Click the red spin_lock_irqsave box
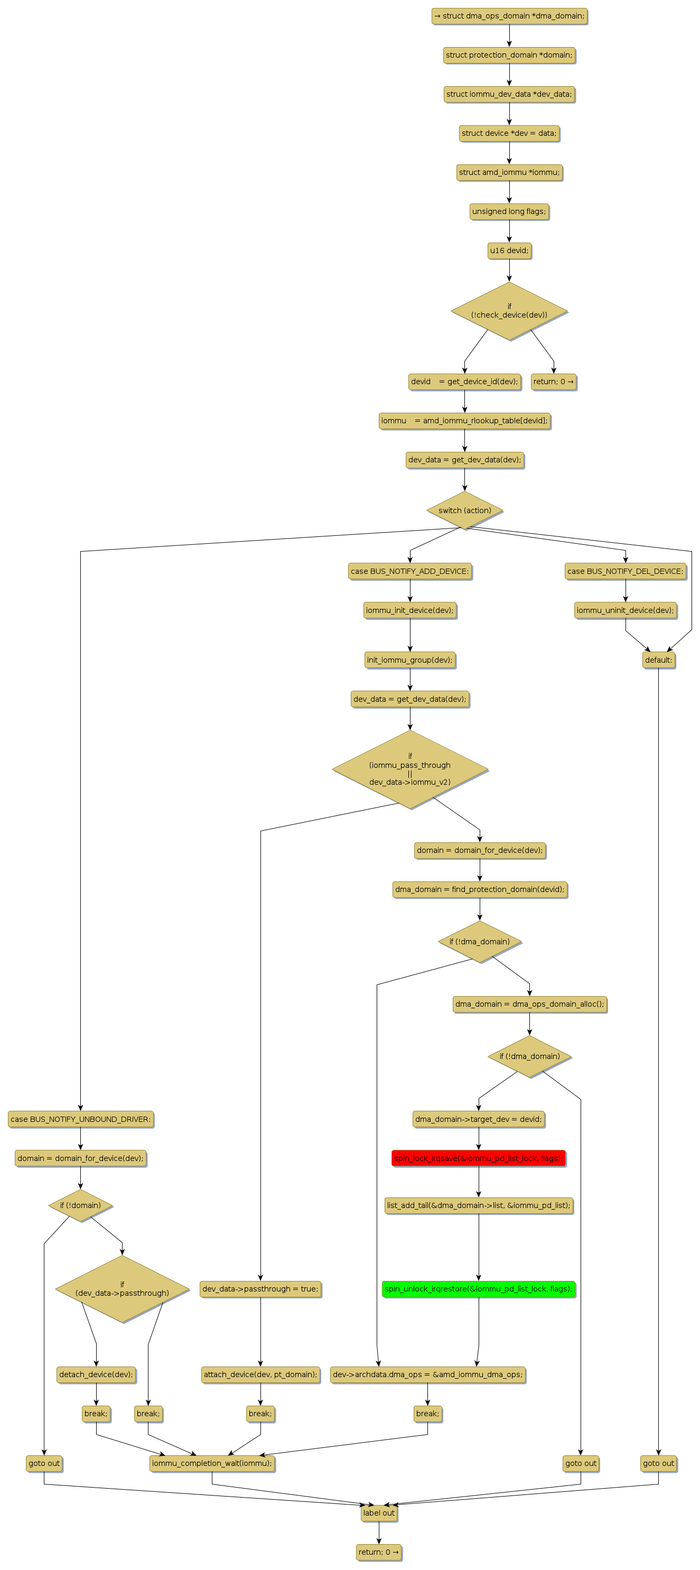pyautogui.click(x=478, y=1158)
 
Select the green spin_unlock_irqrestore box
pyautogui.click(x=478, y=1288)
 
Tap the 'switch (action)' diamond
pyautogui.click(x=465, y=510)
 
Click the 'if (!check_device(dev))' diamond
pyautogui.click(x=509, y=311)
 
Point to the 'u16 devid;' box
pyautogui.click(x=509, y=250)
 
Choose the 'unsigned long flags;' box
pyautogui.click(x=509, y=211)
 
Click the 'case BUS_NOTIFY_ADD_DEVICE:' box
pyautogui.click(x=410, y=571)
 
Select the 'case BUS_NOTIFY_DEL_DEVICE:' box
pyautogui.click(x=625, y=571)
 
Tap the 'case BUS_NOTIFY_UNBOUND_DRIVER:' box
pyautogui.click(x=80, y=1119)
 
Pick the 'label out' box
pyautogui.click(x=379, y=1513)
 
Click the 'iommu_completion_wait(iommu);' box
pyautogui.click(x=212, y=1463)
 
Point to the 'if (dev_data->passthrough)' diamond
pyautogui.click(x=122, y=1288)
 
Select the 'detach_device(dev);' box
pyautogui.click(x=96, y=1374)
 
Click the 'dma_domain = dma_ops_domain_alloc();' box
pyautogui.click(x=529, y=1004)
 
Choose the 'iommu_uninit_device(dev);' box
pyautogui.click(x=625, y=610)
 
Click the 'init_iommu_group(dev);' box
pyautogui.click(x=410, y=659)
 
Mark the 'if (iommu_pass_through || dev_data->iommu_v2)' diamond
pyautogui.click(x=410, y=769)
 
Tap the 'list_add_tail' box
pyautogui.click(x=478, y=1205)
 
